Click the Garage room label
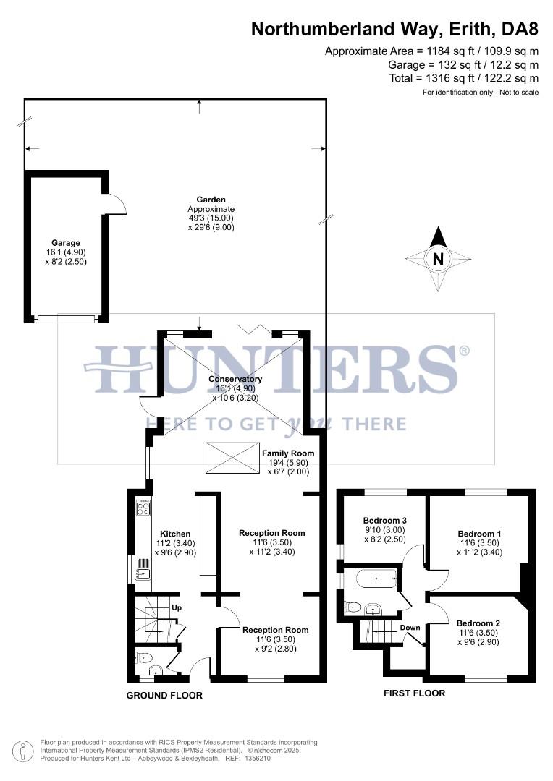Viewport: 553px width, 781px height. [65, 243]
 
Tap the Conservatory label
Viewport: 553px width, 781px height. [235, 379]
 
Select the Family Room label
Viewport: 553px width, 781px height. [288, 453]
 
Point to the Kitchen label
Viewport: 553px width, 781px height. [175, 533]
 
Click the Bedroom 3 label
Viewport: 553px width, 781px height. [385, 521]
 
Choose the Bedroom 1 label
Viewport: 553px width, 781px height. [478, 534]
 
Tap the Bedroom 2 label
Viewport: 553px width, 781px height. [478, 623]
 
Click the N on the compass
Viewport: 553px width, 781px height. [437, 258]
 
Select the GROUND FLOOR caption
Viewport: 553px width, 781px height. [164, 696]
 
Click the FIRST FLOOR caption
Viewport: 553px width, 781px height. [414, 693]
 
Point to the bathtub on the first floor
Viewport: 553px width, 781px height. [376, 579]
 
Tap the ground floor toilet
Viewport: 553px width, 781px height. [145, 658]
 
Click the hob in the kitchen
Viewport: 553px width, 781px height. [143, 508]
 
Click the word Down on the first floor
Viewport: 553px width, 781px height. [410, 628]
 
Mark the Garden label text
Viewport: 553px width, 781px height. [211, 200]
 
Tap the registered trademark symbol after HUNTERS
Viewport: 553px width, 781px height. [464, 351]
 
